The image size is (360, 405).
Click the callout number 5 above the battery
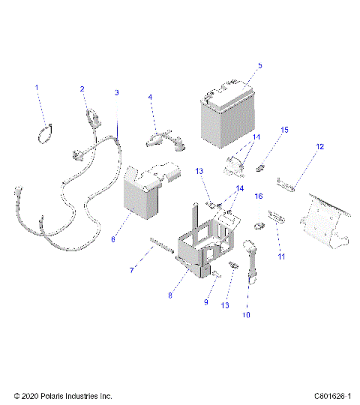259,66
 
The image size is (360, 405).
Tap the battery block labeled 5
228,116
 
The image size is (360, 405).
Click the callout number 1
36,88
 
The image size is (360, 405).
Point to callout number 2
82,89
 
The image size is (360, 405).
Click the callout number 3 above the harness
116,92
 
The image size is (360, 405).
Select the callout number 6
113,240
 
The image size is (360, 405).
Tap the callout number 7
133,268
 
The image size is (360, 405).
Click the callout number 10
247,316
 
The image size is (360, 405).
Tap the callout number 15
284,130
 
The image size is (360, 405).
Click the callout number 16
258,196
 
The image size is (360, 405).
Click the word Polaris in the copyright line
63,395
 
